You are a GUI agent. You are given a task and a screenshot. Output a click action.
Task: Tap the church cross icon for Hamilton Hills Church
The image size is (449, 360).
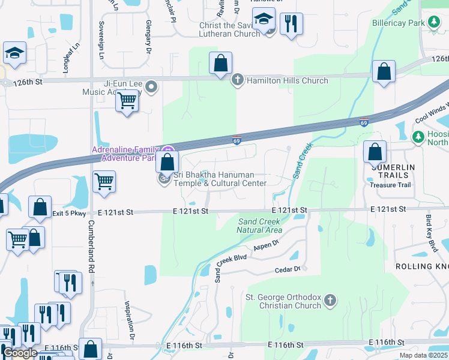(238, 80)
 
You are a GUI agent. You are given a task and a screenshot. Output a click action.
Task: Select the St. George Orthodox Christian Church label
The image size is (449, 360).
(283, 301)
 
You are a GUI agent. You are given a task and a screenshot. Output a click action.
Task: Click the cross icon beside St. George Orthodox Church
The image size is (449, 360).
(330, 301)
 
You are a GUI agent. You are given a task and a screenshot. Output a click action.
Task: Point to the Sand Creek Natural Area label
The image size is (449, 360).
(259, 226)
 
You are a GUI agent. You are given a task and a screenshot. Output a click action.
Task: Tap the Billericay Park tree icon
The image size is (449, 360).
(433, 23)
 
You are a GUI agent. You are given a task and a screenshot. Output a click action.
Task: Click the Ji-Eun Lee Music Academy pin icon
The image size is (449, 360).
(151, 88)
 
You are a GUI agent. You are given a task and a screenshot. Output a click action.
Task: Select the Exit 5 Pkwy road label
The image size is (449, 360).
(69, 213)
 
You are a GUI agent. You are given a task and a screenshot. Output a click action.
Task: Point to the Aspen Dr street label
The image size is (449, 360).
(267, 245)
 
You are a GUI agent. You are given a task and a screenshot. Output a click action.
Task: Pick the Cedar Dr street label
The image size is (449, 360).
(287, 270)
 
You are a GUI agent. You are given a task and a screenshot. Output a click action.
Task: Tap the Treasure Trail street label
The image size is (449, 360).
(390, 185)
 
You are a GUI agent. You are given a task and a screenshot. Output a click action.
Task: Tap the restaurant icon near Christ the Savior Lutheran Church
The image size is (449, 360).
(291, 24)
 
